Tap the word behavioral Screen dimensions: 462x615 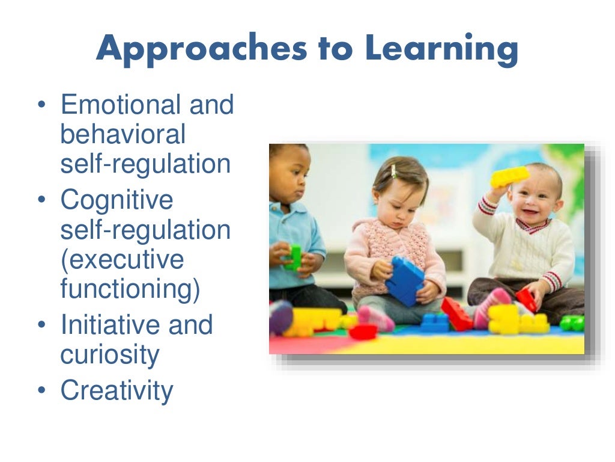tap(123, 134)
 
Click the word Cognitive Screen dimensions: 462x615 tap(117, 200)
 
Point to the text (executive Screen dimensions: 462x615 tap(122, 260)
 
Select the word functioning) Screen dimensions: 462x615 tap(130, 289)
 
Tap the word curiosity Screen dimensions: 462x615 tap(109, 355)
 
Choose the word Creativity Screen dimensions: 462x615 tap(117, 391)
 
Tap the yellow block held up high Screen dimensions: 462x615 tap(509, 176)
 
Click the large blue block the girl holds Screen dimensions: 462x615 tap(405, 280)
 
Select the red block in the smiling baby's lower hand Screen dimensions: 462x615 tap(526, 300)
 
